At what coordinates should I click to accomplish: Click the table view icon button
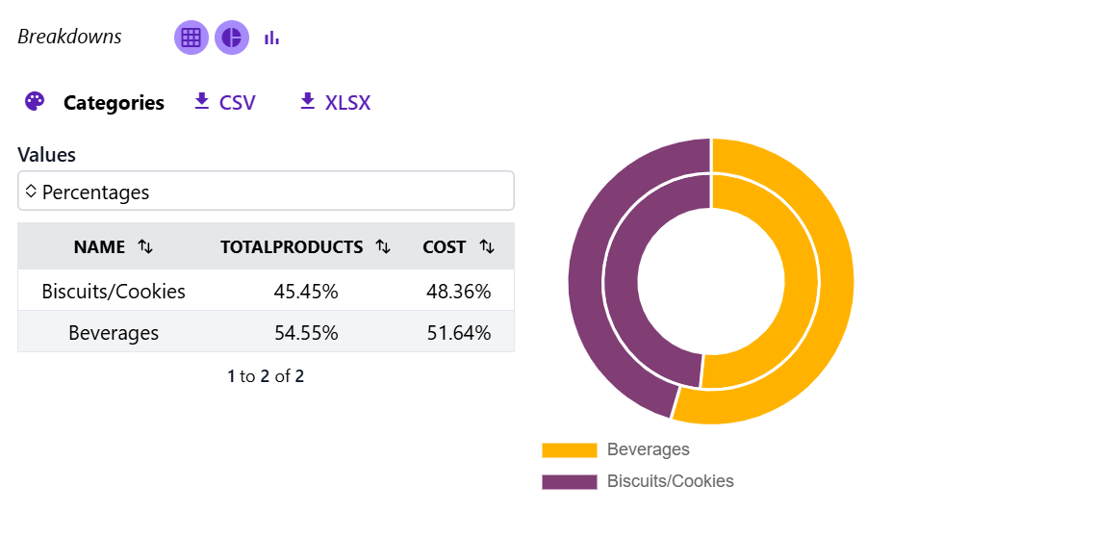tap(191, 38)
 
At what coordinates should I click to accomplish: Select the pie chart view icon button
tap(232, 38)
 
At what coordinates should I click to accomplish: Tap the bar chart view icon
tap(272, 38)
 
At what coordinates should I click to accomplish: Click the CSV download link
tap(225, 102)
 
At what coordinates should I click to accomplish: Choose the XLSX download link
tap(335, 102)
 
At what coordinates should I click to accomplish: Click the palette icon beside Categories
tap(35, 102)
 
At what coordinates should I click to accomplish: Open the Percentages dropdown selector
tap(266, 191)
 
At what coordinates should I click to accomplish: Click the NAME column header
tap(100, 247)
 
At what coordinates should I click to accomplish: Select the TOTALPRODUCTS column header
tap(292, 247)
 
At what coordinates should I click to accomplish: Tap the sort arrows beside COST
tap(487, 247)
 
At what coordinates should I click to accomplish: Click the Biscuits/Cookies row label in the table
tap(114, 291)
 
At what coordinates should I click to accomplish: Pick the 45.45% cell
tap(306, 291)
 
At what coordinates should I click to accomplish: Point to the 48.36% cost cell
tap(459, 291)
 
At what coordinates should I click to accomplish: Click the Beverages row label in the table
tap(114, 333)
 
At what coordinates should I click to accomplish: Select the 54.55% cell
tap(306, 333)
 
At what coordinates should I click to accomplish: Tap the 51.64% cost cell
tap(459, 333)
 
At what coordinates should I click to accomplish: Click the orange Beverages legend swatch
tap(570, 449)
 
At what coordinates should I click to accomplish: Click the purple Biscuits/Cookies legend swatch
tap(570, 481)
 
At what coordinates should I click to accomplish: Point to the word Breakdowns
tap(69, 37)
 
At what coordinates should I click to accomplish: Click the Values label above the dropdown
tap(46, 154)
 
